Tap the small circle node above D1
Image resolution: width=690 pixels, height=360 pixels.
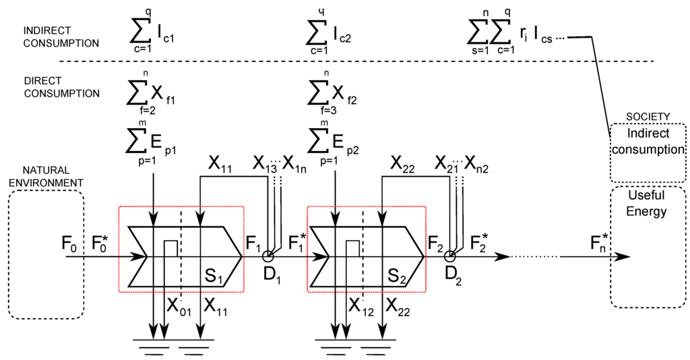(x=268, y=256)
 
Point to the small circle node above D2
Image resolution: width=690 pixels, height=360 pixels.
(x=450, y=256)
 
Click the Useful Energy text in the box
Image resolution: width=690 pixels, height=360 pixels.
(x=646, y=204)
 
